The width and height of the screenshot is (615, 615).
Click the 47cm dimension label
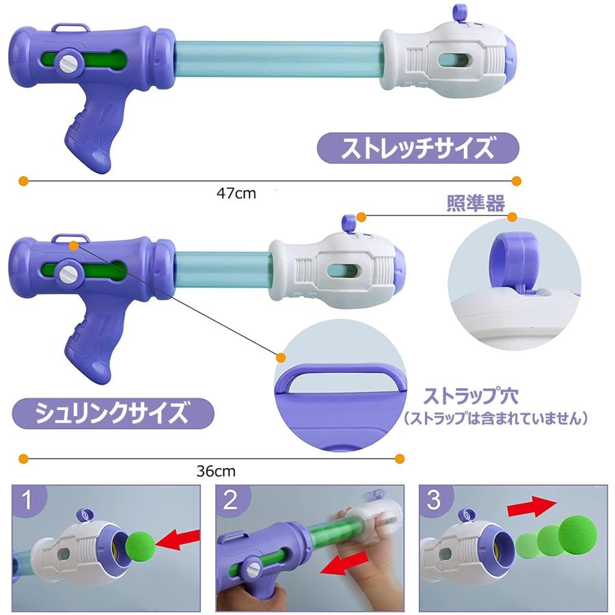coord(236,193)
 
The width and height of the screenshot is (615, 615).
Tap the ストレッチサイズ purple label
coord(418,147)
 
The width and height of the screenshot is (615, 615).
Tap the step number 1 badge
coord(27,501)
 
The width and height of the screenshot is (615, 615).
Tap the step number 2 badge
coord(230,501)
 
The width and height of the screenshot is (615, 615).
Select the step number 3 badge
coord(433,501)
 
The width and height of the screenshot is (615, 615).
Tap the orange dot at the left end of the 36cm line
coord(23,458)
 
